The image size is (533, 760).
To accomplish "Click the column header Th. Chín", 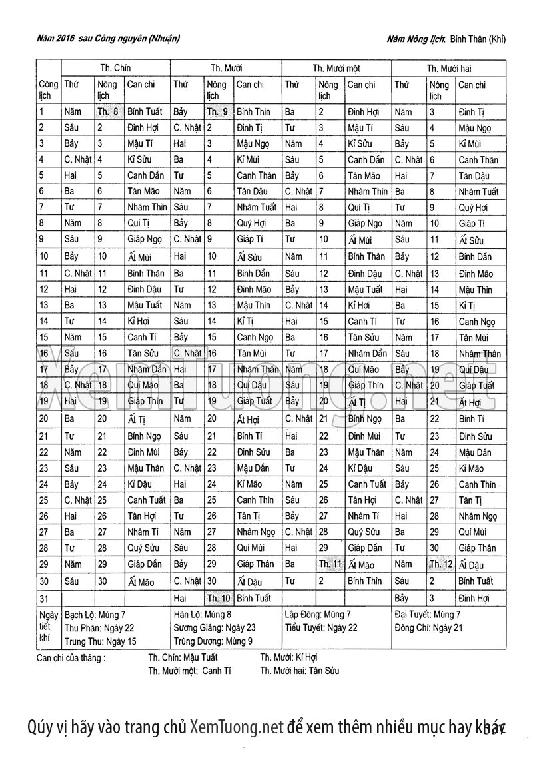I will (115, 68).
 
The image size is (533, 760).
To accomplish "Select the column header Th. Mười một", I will (336, 68).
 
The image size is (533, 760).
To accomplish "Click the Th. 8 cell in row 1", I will (108, 112).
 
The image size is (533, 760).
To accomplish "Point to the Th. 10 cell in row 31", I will (219, 598).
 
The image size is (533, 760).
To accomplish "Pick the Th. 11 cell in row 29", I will (330, 564).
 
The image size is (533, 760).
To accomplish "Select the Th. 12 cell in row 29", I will (441, 564).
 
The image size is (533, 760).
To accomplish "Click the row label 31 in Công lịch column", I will (44, 598).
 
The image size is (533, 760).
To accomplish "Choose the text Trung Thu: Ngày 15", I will (100, 641).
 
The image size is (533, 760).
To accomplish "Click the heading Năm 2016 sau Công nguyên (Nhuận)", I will (108, 39).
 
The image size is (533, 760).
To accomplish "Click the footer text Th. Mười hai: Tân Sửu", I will (299, 671).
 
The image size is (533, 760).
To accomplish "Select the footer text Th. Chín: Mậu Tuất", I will (183, 657).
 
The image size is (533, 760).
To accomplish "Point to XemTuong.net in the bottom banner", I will (237, 727).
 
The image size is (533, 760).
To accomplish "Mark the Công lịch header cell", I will (48, 90).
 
